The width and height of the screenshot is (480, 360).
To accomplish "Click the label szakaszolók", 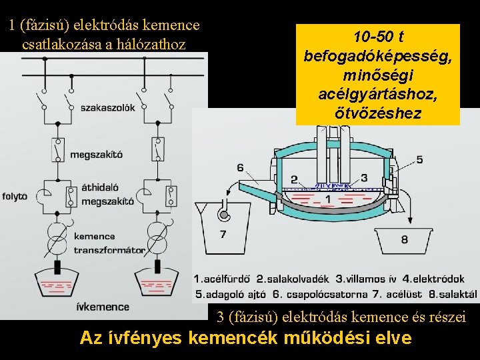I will (107, 107).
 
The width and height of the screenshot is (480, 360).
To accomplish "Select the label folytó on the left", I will (15, 196).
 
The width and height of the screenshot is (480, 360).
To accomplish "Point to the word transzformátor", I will (109, 250).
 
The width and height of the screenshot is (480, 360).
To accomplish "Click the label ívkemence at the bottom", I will (103, 307).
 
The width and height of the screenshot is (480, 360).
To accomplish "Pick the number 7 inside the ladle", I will (223, 234).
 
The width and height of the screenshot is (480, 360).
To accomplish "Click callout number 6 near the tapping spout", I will (240, 167).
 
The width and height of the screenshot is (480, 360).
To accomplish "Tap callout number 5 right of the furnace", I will (419, 159).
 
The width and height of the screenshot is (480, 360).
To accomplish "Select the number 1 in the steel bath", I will (327, 199).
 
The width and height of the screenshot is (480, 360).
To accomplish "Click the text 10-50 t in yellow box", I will (378, 36).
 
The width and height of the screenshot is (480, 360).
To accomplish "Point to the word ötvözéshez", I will (378, 113).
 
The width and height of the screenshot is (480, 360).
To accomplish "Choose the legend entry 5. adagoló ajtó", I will (231, 293).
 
